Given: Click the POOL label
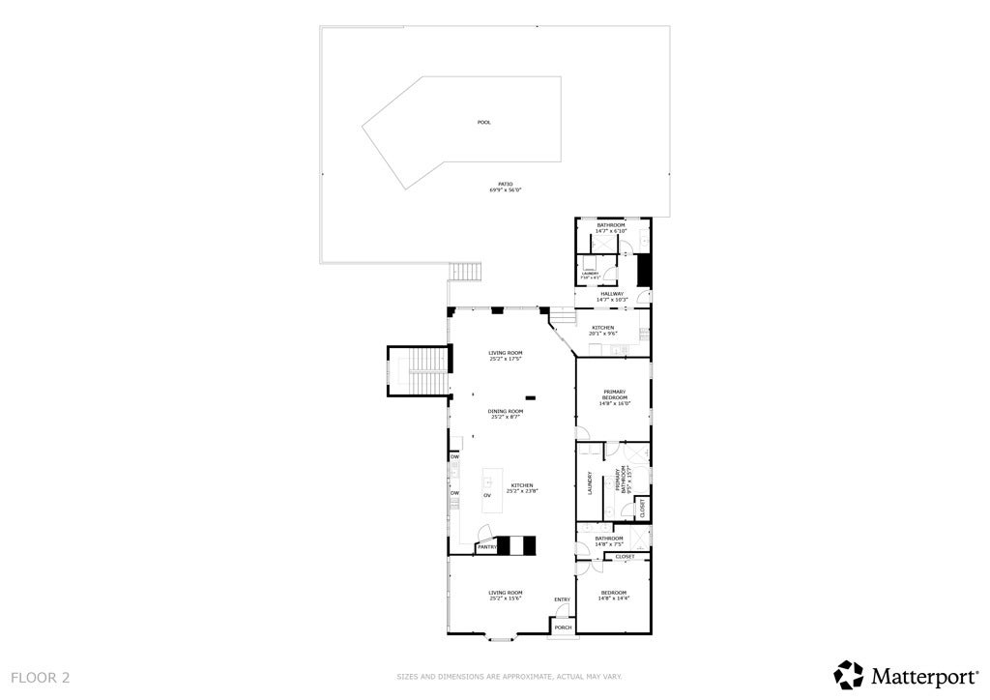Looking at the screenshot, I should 483,123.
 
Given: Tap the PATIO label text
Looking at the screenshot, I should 505,184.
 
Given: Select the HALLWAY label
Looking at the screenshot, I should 612,294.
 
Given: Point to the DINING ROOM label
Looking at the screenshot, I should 506,411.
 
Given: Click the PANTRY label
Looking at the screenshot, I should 486,547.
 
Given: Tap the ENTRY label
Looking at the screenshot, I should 562,599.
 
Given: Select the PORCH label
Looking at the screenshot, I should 563,627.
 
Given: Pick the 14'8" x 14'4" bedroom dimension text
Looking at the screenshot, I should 614,598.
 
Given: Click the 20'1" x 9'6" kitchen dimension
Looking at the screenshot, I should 603,334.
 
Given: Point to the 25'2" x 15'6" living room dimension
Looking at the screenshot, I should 506,598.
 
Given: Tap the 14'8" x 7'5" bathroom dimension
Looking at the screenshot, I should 609,544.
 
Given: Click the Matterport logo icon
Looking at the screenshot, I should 849,674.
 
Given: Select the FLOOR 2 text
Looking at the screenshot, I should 41,678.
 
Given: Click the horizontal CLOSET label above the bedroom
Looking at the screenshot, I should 625,557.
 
